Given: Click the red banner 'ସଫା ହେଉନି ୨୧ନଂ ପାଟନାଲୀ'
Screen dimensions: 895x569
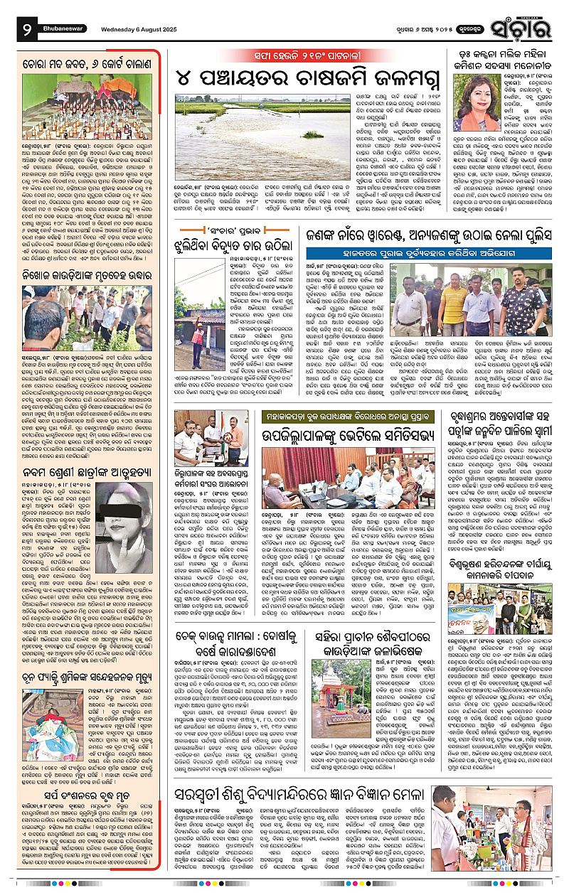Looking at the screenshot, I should (x=285, y=55).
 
